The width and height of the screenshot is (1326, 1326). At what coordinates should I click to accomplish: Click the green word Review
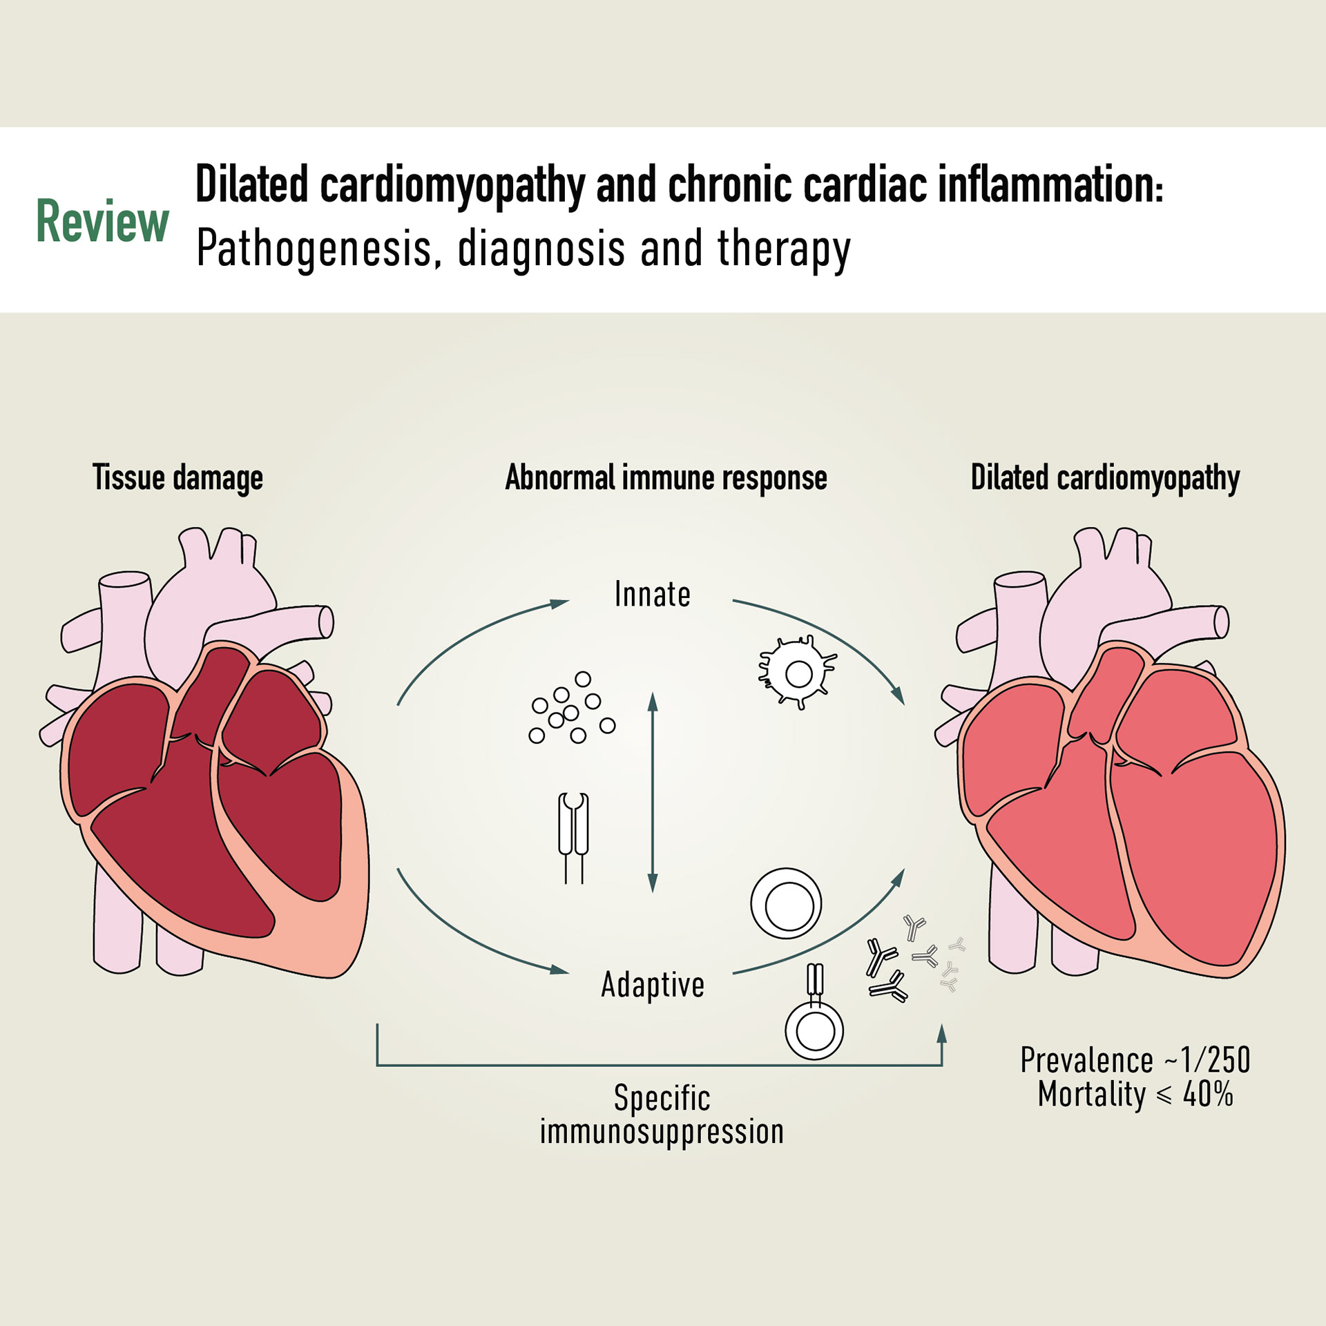tap(102, 222)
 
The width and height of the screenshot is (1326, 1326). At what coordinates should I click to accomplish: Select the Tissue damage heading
tap(177, 478)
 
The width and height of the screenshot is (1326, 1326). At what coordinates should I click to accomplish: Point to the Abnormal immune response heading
tap(666, 478)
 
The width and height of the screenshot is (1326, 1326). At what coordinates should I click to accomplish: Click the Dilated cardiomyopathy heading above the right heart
tap(1105, 478)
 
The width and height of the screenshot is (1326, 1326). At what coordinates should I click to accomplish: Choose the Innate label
tap(652, 595)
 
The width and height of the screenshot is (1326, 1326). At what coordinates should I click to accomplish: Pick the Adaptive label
tap(653, 985)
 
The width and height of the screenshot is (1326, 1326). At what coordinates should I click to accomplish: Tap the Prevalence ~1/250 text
tap(1135, 1060)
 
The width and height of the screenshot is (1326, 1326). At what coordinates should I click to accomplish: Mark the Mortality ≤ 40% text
tap(1135, 1095)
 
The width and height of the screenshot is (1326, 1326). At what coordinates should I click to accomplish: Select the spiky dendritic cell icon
tap(798, 673)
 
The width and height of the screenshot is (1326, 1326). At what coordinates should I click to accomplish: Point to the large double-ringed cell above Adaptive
tap(786, 903)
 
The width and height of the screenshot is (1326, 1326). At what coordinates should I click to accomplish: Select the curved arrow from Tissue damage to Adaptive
tap(470, 932)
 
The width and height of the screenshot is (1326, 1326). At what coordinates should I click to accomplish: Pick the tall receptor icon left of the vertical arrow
tap(573, 836)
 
